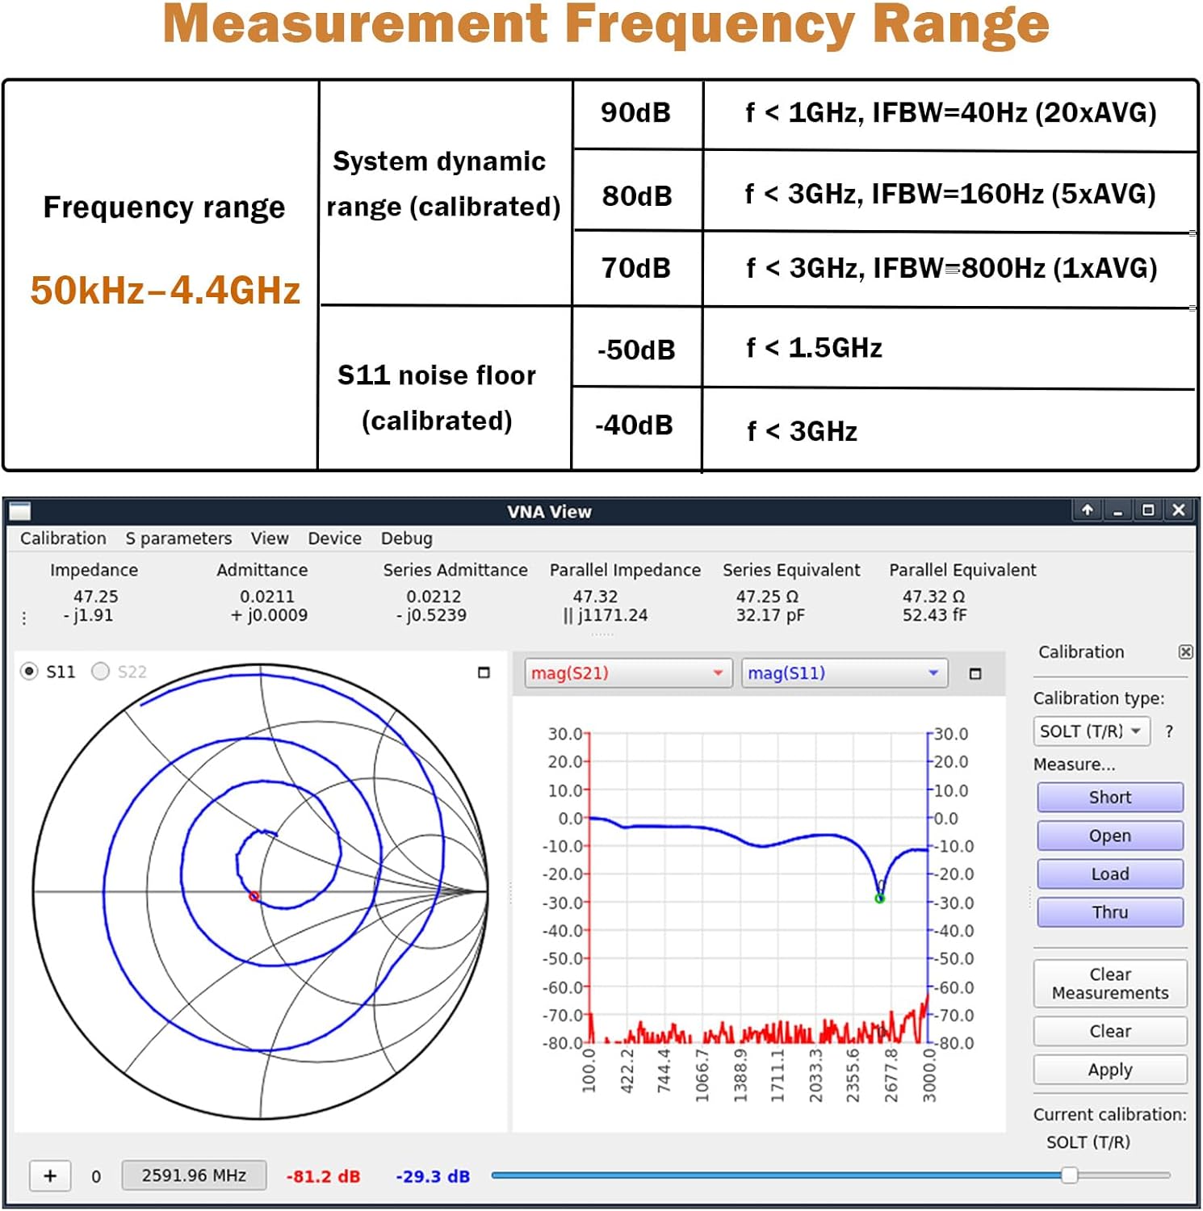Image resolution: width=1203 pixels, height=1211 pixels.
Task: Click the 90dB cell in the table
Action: point(636,113)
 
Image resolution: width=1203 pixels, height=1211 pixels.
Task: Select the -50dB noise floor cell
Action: point(636,350)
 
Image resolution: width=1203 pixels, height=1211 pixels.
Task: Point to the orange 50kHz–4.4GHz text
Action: point(166,291)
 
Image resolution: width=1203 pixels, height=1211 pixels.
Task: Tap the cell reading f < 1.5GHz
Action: point(814,348)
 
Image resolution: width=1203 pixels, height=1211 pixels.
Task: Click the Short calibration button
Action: point(1110,798)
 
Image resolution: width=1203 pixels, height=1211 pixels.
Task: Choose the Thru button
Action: point(1110,912)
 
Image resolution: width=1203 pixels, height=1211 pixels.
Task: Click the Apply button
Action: point(1110,1070)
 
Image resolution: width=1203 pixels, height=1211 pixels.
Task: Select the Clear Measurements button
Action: point(1110,983)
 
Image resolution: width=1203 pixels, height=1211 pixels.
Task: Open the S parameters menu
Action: point(178,538)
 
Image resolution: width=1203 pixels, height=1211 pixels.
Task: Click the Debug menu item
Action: point(406,538)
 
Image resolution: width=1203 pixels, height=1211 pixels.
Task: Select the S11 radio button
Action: point(30,672)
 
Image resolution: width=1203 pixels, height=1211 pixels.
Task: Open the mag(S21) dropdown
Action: point(627,673)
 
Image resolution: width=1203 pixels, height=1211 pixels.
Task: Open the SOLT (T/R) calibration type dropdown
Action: point(1091,731)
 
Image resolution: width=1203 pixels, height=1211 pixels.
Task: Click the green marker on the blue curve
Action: point(880,898)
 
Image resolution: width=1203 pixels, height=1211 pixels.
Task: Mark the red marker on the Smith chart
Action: point(254,896)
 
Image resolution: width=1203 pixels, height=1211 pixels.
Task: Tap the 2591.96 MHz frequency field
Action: point(194,1175)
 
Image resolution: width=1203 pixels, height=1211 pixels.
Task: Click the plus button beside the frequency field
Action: point(50,1175)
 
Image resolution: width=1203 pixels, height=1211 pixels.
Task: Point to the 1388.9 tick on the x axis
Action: point(740,1075)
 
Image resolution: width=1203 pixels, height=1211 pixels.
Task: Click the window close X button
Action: point(1179,510)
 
